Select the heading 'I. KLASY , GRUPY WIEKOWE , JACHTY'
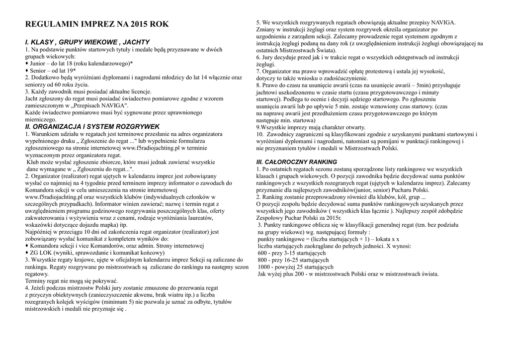click(87, 42)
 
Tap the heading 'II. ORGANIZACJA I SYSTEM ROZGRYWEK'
click(92, 127)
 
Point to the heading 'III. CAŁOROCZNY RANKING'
click(296, 162)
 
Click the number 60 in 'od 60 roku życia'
click(59, 85)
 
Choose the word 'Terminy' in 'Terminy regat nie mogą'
click(35, 280)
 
